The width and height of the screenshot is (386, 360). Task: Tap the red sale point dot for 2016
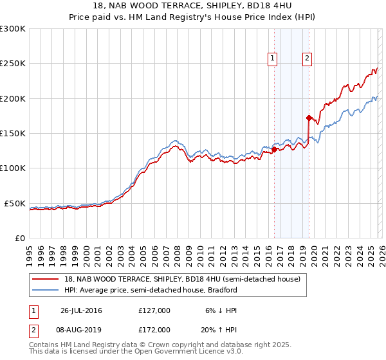tap(274, 149)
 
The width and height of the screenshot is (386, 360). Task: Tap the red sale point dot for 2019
tap(309, 118)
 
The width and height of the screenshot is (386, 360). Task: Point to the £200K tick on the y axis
tap(13, 98)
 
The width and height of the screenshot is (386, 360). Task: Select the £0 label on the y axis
tap(21, 238)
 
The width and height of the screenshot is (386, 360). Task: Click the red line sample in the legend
tap(45, 280)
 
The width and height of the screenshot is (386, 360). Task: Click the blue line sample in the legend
tap(45, 290)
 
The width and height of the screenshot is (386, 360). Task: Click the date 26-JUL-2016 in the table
tap(81, 310)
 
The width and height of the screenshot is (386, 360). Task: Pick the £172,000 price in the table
tap(154, 329)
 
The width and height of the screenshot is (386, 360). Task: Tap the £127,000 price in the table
tap(154, 310)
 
